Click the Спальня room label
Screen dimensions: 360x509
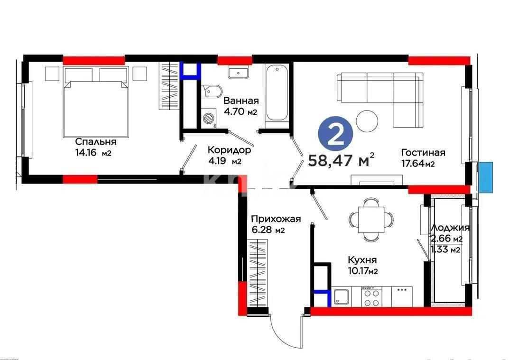[x=96, y=142]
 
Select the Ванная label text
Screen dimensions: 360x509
[x=241, y=101]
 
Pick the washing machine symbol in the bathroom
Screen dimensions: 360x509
[x=208, y=119]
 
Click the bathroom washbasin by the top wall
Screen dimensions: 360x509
[x=238, y=73]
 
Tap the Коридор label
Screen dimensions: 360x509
[x=229, y=150]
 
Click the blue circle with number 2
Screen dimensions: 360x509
[x=336, y=135]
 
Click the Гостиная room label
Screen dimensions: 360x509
[x=423, y=152]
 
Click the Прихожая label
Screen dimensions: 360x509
[x=276, y=219]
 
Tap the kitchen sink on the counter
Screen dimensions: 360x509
[x=342, y=297]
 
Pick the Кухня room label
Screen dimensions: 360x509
[x=362, y=260]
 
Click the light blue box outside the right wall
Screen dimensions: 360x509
[x=485, y=177]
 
